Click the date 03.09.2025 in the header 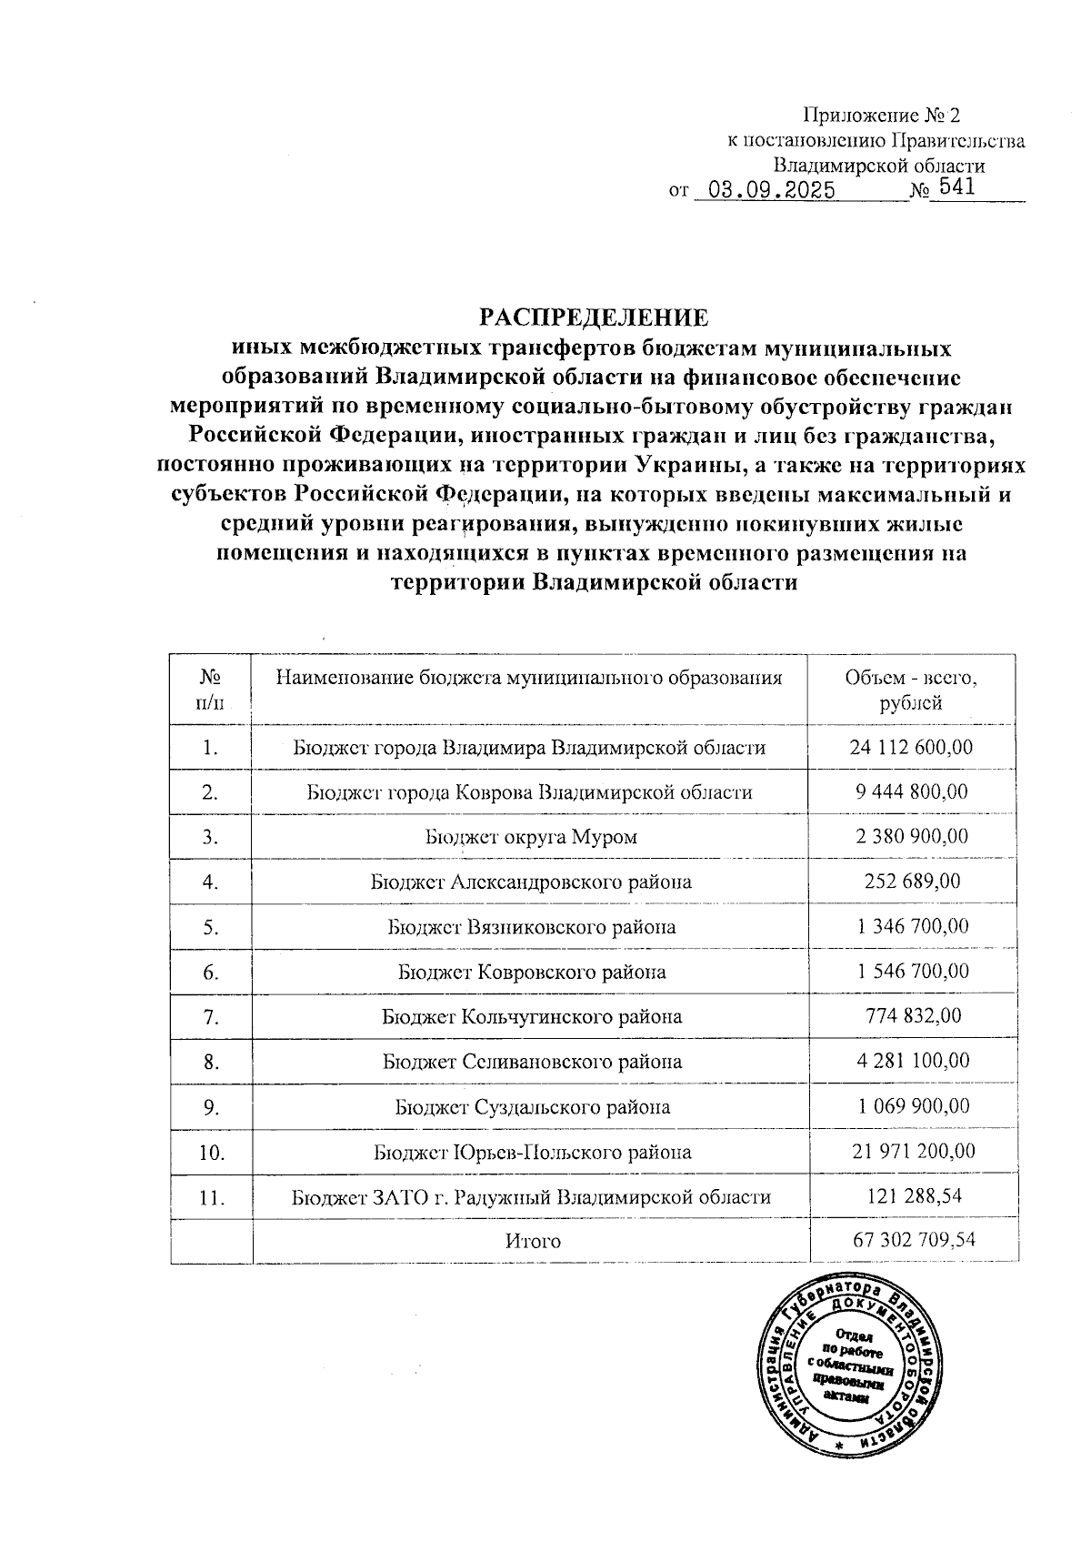click(x=772, y=190)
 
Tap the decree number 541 click(x=956, y=188)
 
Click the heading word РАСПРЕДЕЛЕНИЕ click(x=594, y=318)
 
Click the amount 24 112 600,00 click(x=912, y=747)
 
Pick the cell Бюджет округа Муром click(x=531, y=837)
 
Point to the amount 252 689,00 click(x=912, y=882)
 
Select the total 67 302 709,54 click(x=915, y=1239)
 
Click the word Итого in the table click(x=533, y=1241)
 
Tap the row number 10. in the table click(x=211, y=1153)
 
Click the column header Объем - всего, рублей click(x=911, y=690)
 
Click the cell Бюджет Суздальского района click(x=533, y=1107)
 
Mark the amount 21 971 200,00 click(x=914, y=1151)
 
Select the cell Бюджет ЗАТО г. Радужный click(x=531, y=1197)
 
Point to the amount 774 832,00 click(x=912, y=1016)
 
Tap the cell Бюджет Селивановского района click(x=533, y=1062)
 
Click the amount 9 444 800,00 click(x=912, y=791)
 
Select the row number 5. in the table click(x=211, y=927)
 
